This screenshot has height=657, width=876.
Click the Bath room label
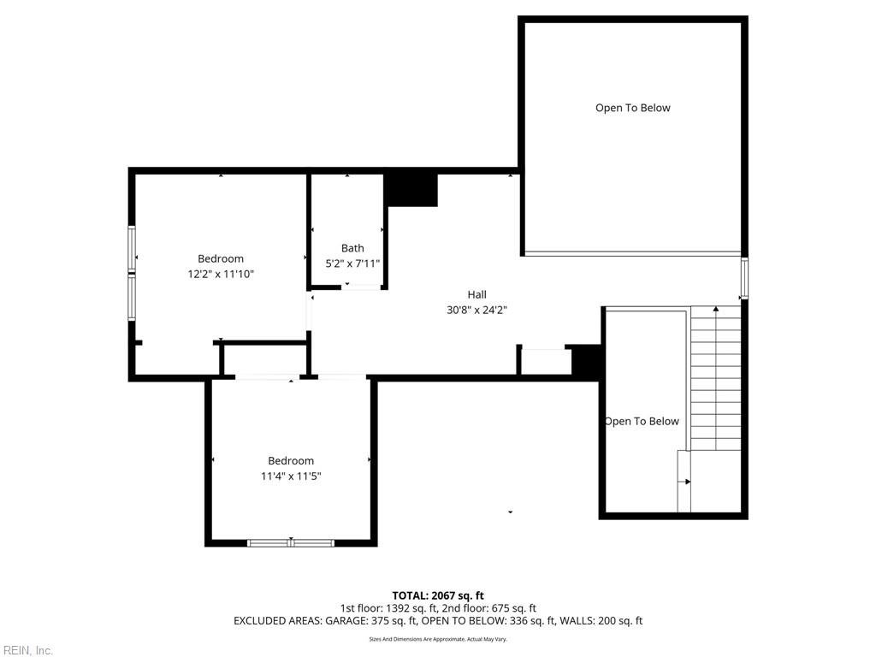click(x=352, y=249)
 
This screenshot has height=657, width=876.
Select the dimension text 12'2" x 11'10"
click(x=221, y=275)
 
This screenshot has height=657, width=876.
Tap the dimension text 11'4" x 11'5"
click(x=291, y=476)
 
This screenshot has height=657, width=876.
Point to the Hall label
click(x=476, y=295)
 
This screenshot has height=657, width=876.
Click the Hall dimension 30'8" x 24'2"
click(x=476, y=311)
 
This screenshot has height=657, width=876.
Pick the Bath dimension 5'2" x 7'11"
click(x=352, y=264)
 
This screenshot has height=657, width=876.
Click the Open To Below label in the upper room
click(x=632, y=108)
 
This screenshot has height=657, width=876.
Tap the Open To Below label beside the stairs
click(x=642, y=421)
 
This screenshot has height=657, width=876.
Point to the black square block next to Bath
click(x=411, y=189)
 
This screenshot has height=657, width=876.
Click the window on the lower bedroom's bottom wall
click(x=291, y=542)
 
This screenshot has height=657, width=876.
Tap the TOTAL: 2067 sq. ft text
click(x=438, y=595)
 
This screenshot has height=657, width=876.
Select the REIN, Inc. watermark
click(x=27, y=650)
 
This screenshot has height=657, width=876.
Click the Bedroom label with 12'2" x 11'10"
click(x=221, y=259)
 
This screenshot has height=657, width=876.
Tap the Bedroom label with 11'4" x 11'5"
click(x=291, y=461)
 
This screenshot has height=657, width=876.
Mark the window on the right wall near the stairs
click(x=743, y=278)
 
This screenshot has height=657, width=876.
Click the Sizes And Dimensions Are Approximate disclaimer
click(x=438, y=639)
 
